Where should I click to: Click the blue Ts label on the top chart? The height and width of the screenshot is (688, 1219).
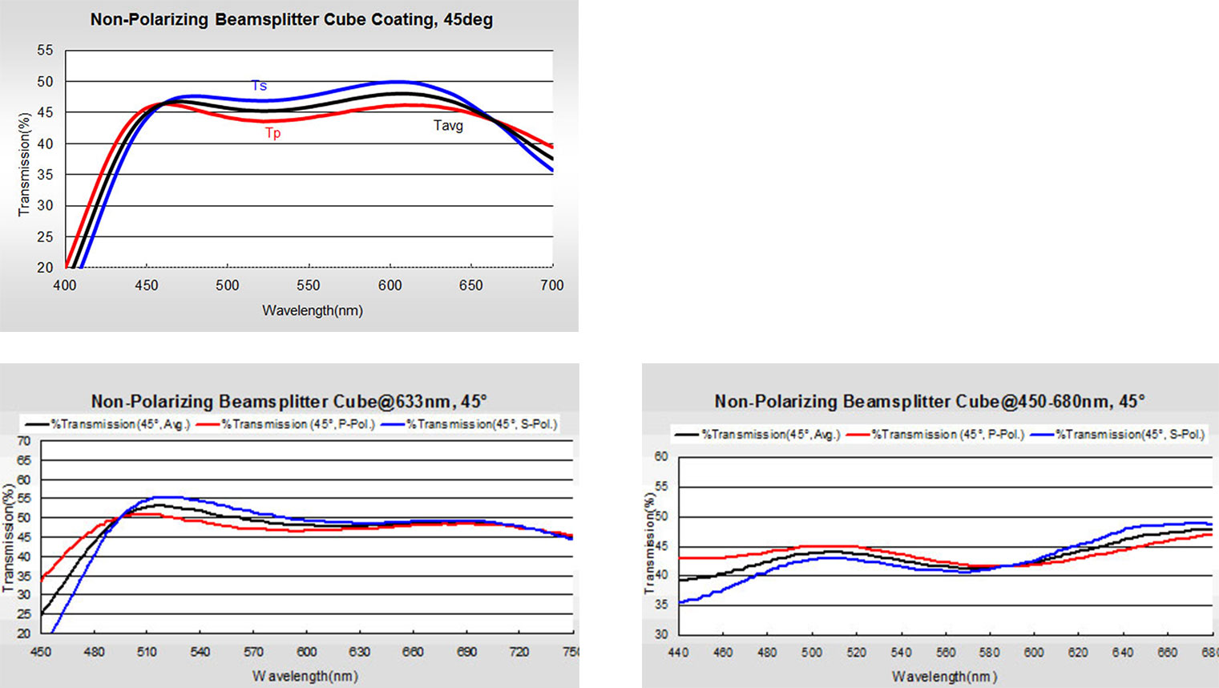click(x=259, y=86)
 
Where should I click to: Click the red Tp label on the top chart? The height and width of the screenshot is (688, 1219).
click(x=273, y=133)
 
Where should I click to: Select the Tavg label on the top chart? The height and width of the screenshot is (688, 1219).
click(x=448, y=125)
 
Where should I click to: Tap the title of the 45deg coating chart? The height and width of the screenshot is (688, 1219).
click(x=291, y=20)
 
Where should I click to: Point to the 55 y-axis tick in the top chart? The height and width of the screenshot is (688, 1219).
click(x=45, y=51)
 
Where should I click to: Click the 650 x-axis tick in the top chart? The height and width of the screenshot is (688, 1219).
click(x=471, y=285)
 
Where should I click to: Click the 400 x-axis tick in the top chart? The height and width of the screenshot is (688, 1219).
click(x=65, y=285)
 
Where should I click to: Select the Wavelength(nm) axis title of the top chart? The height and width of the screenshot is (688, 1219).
click(x=312, y=310)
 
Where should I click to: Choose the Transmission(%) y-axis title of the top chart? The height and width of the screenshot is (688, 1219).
click(x=24, y=164)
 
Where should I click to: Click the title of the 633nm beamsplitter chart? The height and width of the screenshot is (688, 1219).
click(x=289, y=401)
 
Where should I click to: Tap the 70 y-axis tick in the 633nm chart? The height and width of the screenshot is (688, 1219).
click(x=24, y=441)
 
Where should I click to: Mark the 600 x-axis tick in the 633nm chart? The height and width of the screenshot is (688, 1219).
click(x=306, y=652)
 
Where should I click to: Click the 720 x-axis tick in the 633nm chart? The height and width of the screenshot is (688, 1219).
click(x=519, y=652)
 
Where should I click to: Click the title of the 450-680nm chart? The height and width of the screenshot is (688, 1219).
click(x=930, y=401)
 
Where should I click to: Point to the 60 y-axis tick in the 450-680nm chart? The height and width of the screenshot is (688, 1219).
click(x=660, y=456)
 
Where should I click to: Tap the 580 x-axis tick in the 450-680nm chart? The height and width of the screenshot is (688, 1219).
click(x=990, y=653)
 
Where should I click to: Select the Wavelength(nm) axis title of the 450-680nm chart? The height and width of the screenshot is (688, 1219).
click(x=944, y=677)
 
